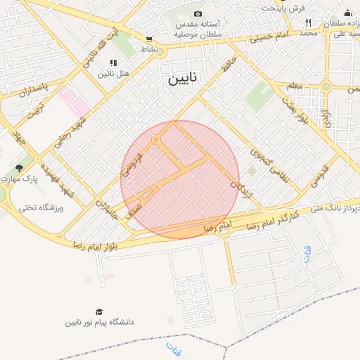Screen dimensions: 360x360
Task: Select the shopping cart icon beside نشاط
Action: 149,40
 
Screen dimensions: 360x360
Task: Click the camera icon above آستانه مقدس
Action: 198,14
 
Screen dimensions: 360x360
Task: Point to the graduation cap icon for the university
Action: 99,311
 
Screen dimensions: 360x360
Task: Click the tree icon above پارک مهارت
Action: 19,169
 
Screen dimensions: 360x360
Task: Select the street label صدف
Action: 133,212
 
